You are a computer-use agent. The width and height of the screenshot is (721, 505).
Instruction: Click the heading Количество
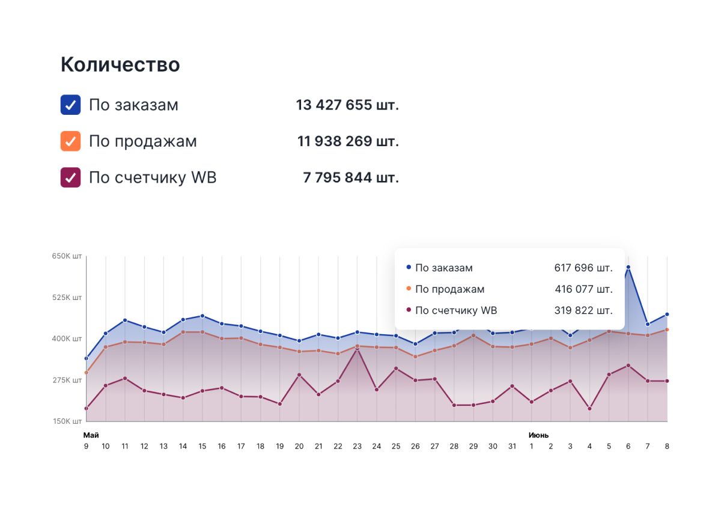tap(120, 65)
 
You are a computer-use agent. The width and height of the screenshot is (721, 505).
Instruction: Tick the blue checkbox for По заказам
tap(71, 105)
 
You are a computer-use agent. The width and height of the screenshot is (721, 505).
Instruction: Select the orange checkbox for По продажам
tap(71, 141)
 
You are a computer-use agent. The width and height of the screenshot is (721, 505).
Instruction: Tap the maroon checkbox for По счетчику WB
tap(71, 178)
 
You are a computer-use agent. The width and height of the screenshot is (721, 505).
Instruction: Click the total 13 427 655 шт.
tap(347, 105)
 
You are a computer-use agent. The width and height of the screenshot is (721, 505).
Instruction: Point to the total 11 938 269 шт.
tap(348, 141)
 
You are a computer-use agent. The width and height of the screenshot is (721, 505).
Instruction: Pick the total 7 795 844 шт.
tap(351, 178)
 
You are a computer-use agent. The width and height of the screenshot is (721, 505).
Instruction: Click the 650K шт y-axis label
tap(67, 256)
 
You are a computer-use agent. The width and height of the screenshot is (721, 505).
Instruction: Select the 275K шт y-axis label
tap(67, 380)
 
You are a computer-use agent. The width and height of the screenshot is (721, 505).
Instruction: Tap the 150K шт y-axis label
tap(67, 421)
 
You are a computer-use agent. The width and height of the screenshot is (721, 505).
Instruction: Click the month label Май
tap(91, 435)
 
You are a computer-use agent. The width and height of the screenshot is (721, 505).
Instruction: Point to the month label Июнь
tap(538, 435)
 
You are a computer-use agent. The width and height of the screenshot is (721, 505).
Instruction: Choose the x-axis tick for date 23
tap(357, 446)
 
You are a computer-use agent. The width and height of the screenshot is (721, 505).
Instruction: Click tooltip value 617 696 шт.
tap(583, 268)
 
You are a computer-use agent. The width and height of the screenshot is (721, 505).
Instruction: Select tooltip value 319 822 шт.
tap(583, 311)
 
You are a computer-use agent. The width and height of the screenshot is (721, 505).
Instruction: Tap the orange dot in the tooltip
tap(409, 289)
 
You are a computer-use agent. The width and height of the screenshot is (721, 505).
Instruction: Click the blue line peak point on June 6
tap(628, 268)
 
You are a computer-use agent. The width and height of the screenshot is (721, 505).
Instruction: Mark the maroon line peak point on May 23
tap(357, 349)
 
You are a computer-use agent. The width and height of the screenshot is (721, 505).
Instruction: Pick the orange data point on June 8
tap(667, 329)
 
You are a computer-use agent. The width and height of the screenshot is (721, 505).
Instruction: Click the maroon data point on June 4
tap(589, 409)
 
